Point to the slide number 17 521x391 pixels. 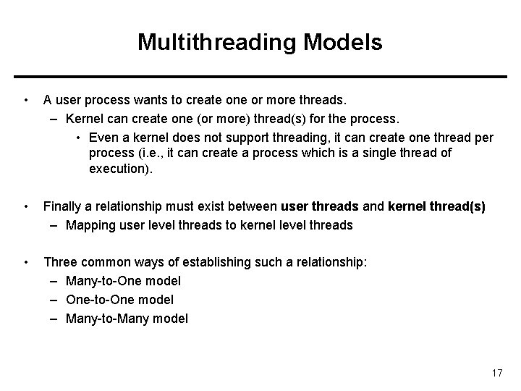tap(496, 373)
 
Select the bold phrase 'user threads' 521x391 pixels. tap(319, 206)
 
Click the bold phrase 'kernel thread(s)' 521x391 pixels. tap(436, 206)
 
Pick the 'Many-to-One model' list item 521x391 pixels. tap(123, 280)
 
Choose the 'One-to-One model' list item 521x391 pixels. tap(119, 299)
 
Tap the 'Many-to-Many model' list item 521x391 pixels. tap(127, 318)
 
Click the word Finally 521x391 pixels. tap(63, 206)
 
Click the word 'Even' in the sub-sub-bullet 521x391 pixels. tap(103, 137)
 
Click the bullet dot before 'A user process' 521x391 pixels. tap(26, 99)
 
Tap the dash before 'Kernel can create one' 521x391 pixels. tap(56, 118)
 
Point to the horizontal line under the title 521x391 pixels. tap(260, 77)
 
